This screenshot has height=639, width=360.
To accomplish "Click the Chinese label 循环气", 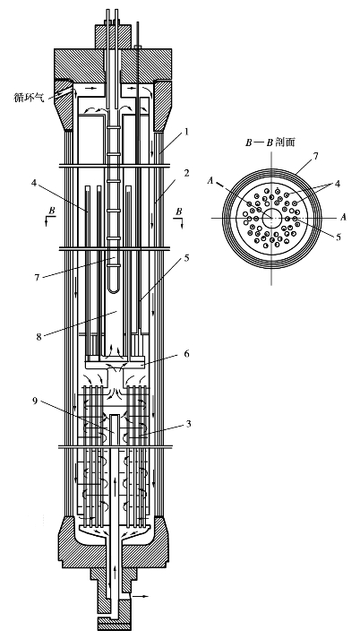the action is coord(29,98).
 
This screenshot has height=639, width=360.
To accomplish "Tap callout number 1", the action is coord(185,133).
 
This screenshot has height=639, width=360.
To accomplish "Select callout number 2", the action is coord(185,173).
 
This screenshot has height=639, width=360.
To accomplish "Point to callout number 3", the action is coord(187,424).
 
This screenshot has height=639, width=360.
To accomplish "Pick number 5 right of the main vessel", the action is coord(186,258).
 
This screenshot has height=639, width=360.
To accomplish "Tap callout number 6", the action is coord(186,354).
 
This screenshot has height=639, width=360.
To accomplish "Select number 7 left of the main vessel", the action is coord(38,277).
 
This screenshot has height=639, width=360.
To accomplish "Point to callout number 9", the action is coord(37,402).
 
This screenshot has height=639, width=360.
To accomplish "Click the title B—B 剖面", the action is coord(270,142).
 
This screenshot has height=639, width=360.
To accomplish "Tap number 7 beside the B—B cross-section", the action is coord(317,156).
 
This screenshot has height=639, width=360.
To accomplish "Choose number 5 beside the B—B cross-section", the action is coord(339,237).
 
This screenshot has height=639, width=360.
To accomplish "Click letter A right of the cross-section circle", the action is coord(343,217).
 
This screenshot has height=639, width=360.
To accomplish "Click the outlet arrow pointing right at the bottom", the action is coord(141,596).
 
